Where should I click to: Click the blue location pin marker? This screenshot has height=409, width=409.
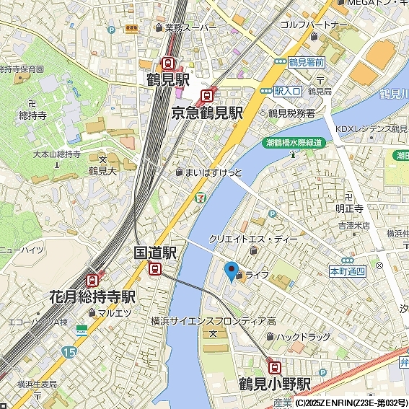pos(232,271)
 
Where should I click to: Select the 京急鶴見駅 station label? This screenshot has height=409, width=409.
pos(207,113)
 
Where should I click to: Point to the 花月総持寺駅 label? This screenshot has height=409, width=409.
pos(93,297)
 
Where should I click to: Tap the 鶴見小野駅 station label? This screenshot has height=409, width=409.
pos(275,383)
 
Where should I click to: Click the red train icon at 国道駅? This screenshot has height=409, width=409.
pos(155,268)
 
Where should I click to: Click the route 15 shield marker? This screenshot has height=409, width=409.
pos(69,351)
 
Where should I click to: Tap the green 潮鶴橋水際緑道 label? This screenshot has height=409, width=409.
pos(294,143)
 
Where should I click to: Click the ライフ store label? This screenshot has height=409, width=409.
pos(257,276)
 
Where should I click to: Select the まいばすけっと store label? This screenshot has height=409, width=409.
pos(214,173)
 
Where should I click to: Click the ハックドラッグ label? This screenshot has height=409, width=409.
pos(302,337)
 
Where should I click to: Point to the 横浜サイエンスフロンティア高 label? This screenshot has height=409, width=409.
pos(214,320)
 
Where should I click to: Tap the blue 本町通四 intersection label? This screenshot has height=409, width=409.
pos(347,271)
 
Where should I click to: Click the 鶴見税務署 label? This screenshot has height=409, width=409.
pos(291,113)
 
